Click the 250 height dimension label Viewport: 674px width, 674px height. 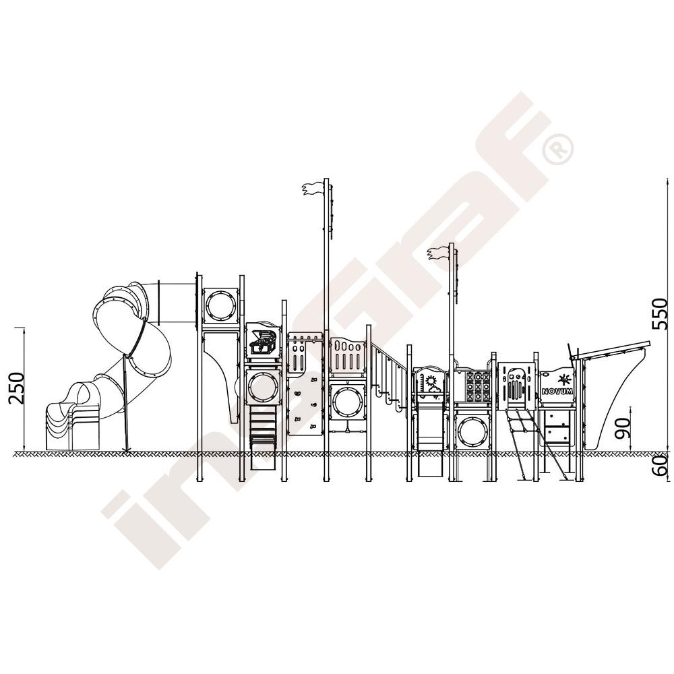pos(18,388)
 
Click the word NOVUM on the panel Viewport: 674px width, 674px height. pos(557,391)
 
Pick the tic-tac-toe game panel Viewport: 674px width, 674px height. pos(478,387)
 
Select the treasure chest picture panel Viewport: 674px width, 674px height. pos(263,342)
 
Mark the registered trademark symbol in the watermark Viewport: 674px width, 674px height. pos(557,149)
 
